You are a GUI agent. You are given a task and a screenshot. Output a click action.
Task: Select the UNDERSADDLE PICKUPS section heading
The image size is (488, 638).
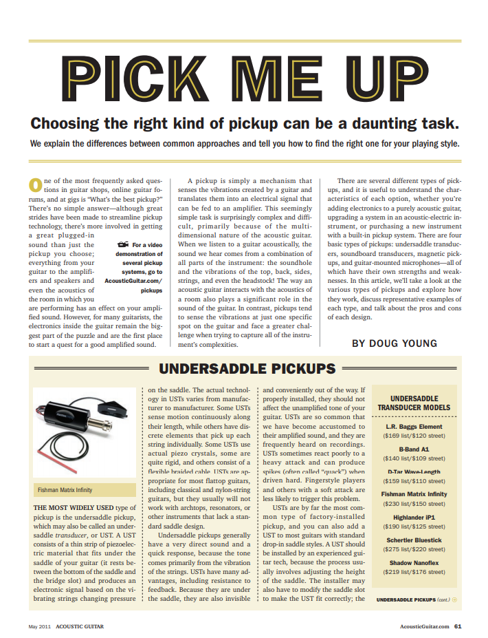pyautogui.click(x=247, y=368)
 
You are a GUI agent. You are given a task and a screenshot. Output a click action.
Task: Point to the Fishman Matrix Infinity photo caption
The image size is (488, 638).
pyautogui.click(x=65, y=490)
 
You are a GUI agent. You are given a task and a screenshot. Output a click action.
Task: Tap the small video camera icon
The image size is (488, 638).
pyautogui.click(x=123, y=244)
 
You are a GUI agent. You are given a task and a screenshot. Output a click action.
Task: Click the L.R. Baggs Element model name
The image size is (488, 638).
pyautogui.click(x=414, y=427)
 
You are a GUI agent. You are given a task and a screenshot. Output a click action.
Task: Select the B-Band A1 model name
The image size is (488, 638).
pyautogui.click(x=414, y=449)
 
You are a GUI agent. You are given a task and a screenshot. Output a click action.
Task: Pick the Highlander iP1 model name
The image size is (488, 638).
pyautogui.click(x=414, y=516)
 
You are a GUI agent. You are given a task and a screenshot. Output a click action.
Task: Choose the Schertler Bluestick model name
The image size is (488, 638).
pyautogui.click(x=414, y=540)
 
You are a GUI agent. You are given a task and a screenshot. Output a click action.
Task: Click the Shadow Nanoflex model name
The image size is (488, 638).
pyautogui.click(x=414, y=562)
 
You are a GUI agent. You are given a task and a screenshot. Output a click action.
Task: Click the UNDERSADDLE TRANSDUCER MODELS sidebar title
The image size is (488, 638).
pyautogui.click(x=414, y=403)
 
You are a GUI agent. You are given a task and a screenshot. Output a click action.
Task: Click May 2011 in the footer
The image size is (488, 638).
pyautogui.click(x=39, y=626)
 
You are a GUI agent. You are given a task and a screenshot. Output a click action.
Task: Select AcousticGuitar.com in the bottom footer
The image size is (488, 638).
pyautogui.click(x=424, y=626)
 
